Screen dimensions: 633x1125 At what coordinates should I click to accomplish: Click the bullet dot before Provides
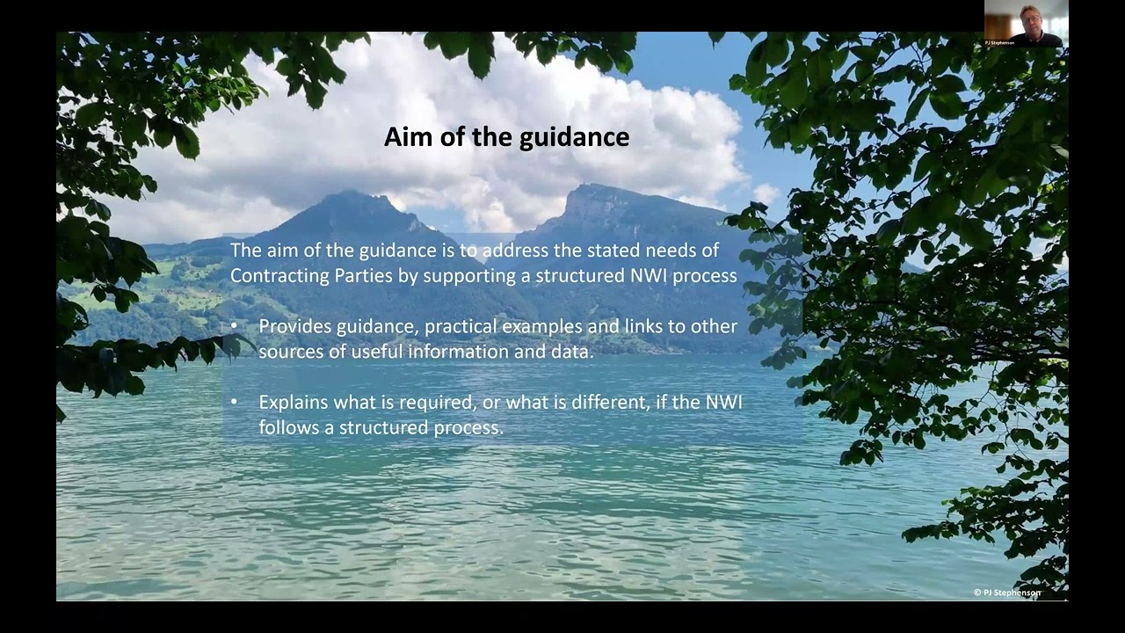[x=234, y=326]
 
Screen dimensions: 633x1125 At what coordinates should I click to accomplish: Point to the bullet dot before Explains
[x=234, y=402]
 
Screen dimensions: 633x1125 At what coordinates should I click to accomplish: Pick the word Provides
[x=294, y=326]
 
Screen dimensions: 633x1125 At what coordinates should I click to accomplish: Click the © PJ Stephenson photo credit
[x=1007, y=593]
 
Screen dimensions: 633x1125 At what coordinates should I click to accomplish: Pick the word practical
[x=462, y=326]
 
